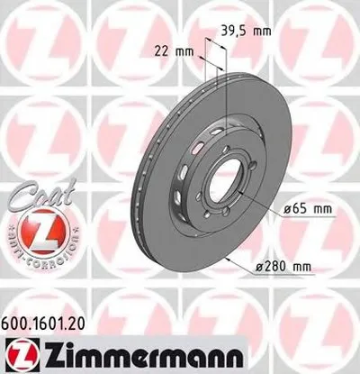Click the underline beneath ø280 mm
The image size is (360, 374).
(x=286, y=272)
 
